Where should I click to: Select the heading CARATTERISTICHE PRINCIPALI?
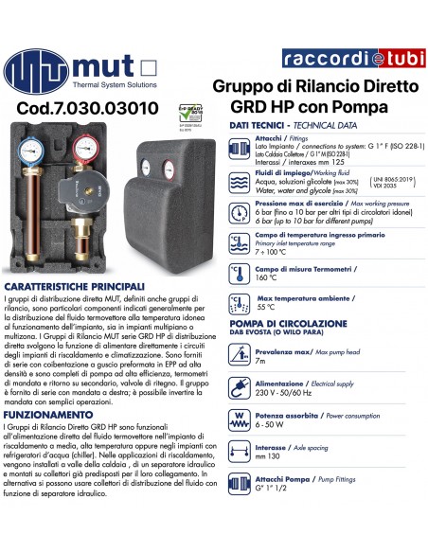[75, 285]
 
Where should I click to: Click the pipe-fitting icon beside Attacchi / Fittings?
[239, 149]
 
